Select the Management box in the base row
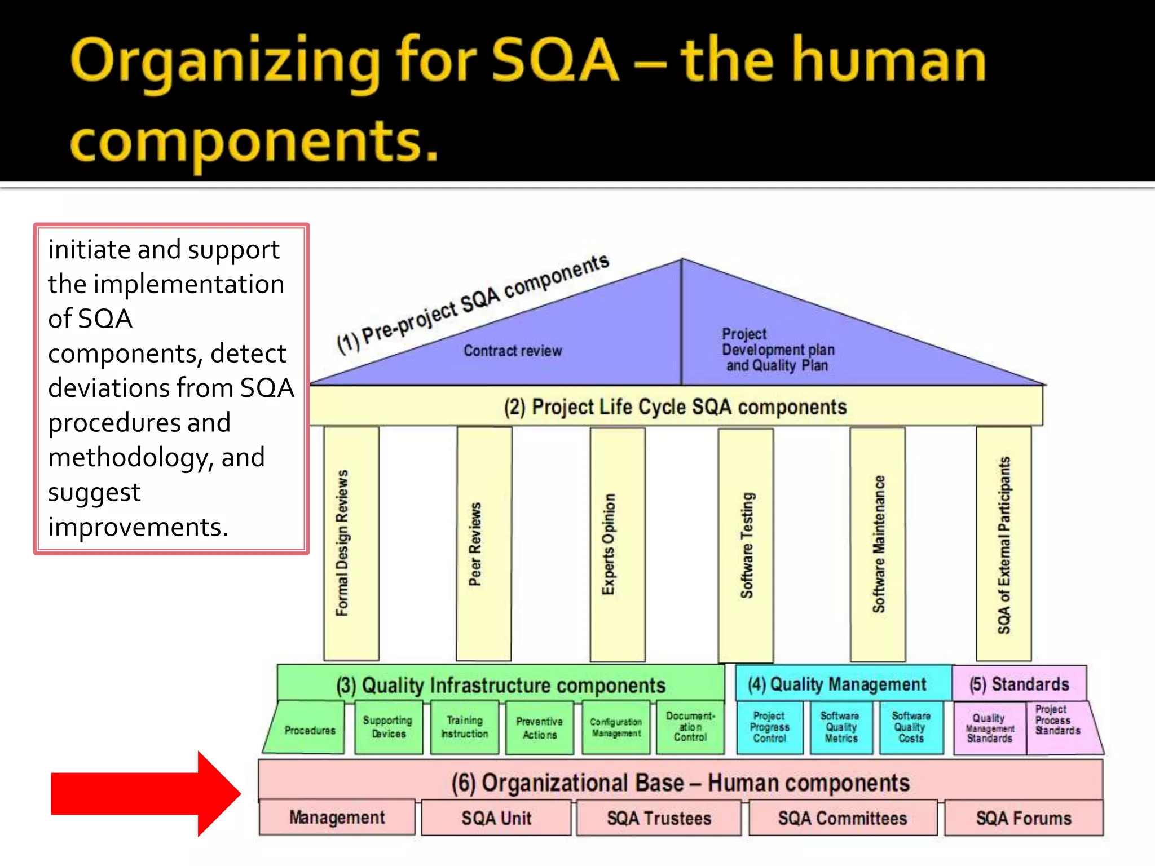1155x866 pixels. [337, 818]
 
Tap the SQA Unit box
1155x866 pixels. [496, 818]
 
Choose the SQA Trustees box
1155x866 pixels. [659, 818]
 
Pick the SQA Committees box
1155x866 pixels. [843, 818]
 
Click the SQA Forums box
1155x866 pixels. [1024, 818]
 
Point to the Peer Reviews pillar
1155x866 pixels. [484, 544]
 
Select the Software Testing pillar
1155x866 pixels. [746, 545]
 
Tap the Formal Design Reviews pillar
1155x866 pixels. [351, 544]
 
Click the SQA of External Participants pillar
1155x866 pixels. [1004, 544]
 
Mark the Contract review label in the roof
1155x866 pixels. [513, 351]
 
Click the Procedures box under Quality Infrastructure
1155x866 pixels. [309, 730]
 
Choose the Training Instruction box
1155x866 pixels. [465, 727]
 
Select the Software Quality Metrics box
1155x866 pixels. [841, 727]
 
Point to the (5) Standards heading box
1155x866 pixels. [1019, 684]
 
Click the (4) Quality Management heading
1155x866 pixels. [837, 684]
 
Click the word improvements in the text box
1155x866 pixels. [138, 527]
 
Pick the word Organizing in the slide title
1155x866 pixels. [226, 62]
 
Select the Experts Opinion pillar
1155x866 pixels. [618, 544]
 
